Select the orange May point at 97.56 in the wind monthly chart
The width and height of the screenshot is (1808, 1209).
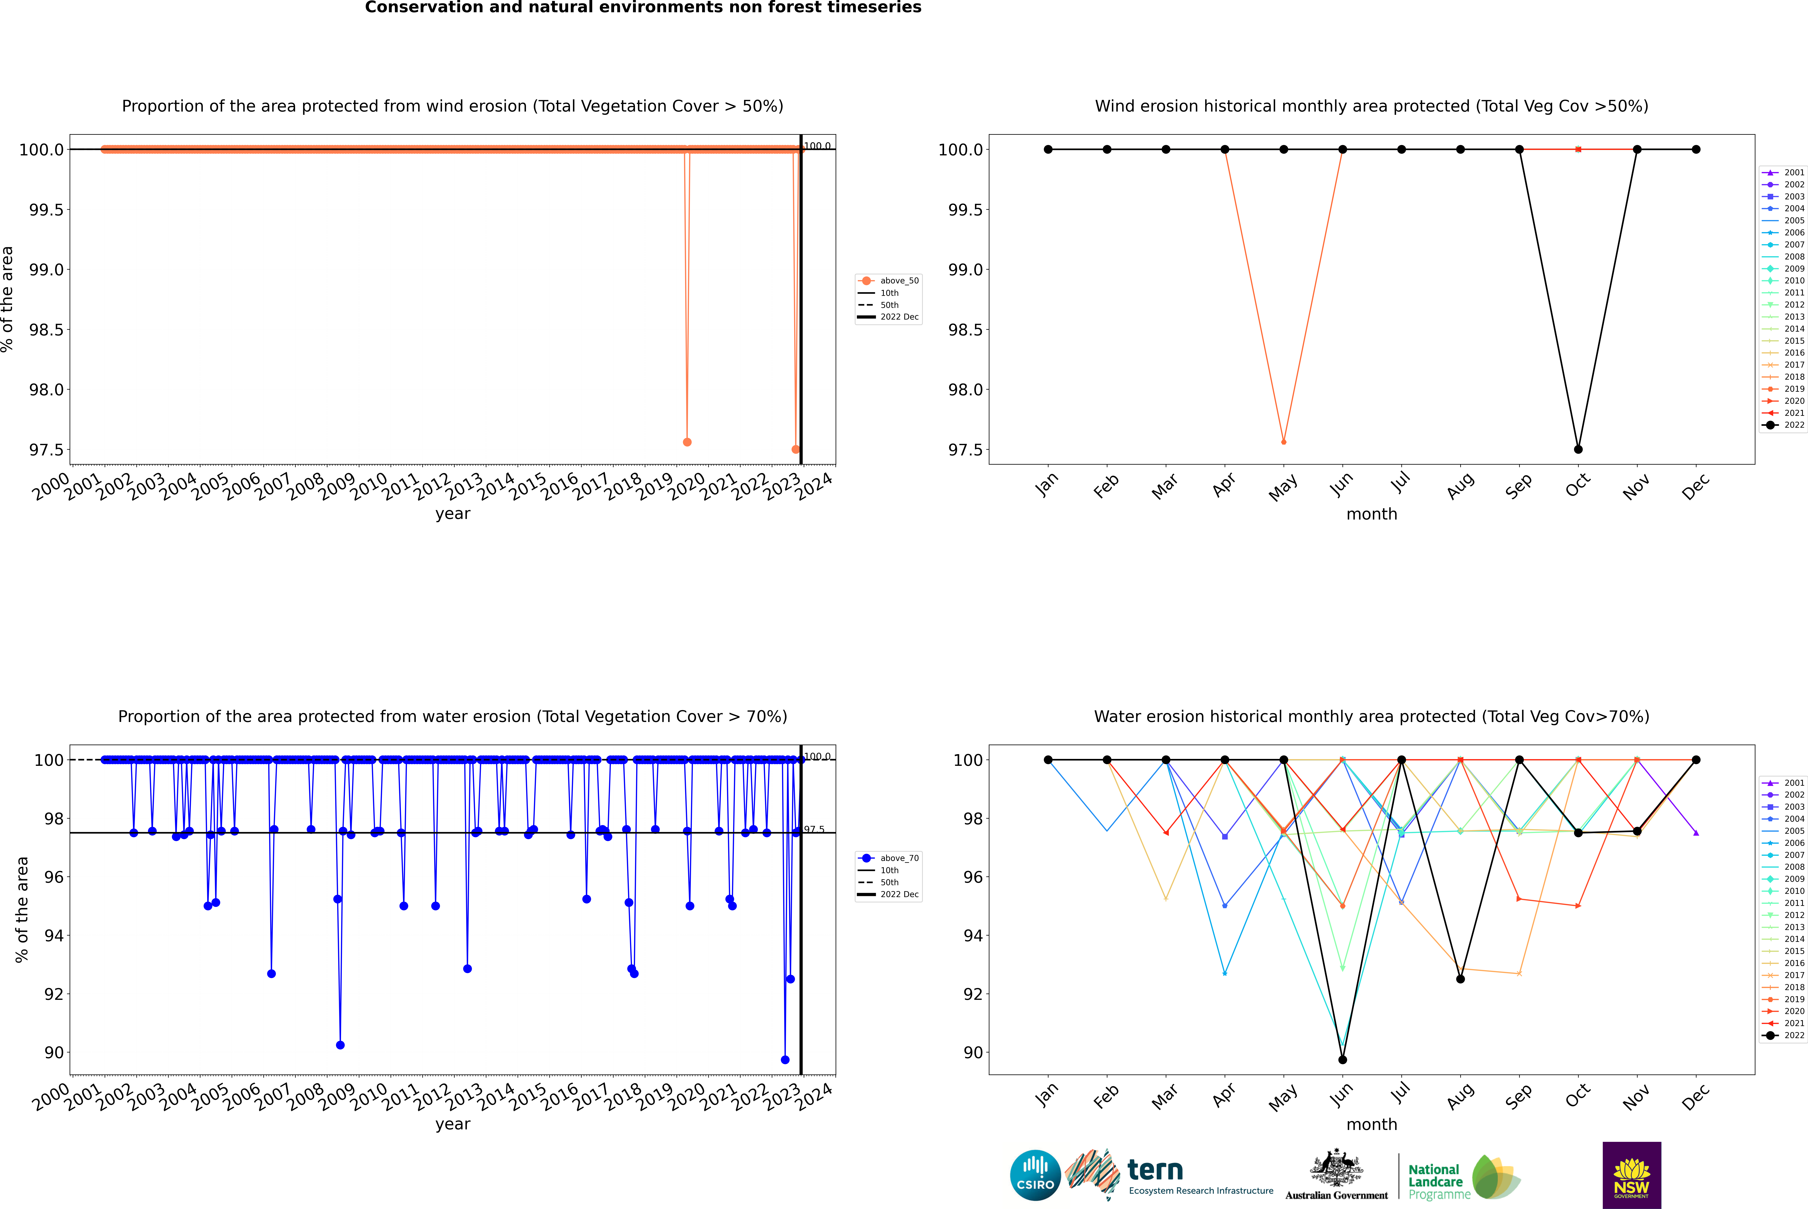pos(1283,442)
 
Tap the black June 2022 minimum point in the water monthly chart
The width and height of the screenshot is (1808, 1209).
pos(1342,1059)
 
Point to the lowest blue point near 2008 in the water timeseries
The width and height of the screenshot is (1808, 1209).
pos(340,1045)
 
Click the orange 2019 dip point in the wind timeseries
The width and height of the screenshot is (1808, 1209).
pos(687,442)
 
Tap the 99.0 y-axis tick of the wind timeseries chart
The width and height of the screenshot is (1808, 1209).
pos(46,270)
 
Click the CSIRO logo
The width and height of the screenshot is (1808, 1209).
pos(1035,1175)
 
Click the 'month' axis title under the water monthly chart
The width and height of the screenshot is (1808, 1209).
pos(1371,1124)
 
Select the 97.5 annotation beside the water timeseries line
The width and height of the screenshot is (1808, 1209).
pos(814,830)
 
